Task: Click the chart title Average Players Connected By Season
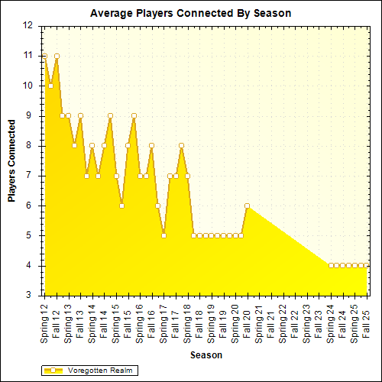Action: pos(191,14)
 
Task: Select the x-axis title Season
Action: pos(206,354)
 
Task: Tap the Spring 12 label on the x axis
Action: pos(44,322)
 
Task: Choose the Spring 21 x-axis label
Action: pos(258,322)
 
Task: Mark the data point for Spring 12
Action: pos(44,56)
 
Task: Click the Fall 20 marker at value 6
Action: pos(247,206)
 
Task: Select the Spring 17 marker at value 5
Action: pos(163,235)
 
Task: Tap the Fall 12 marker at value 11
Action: pos(57,56)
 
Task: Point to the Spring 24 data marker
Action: pos(330,265)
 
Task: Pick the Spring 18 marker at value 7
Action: pos(187,176)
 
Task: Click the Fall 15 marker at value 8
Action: pos(128,145)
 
